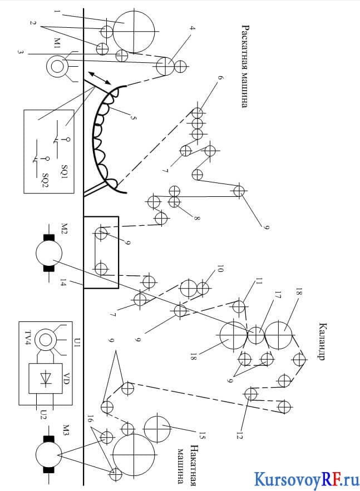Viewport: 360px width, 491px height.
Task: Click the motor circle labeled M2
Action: [49, 254]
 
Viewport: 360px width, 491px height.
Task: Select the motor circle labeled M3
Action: [49, 454]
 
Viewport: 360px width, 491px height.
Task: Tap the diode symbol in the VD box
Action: [46, 378]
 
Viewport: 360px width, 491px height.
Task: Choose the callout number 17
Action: [278, 295]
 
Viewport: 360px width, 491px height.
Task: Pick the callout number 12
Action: [240, 435]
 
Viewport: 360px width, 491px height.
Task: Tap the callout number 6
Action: [220, 78]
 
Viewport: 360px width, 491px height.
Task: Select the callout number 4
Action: [193, 28]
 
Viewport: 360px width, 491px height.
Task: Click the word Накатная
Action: [194, 465]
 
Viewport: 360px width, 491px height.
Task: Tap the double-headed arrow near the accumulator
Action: [99, 78]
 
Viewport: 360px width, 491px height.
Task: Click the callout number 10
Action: [220, 269]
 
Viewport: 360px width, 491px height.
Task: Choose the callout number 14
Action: [63, 284]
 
